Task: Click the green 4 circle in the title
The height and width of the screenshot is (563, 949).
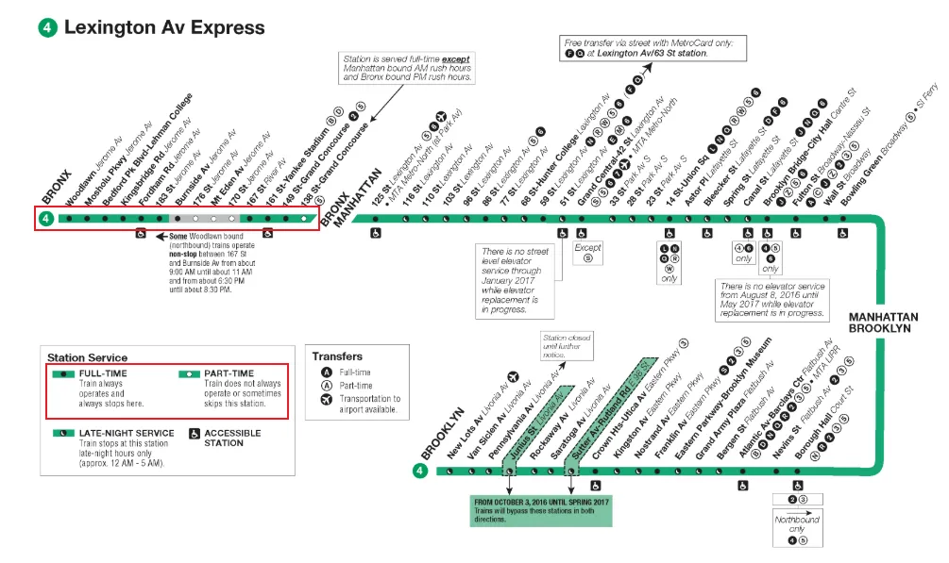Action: (x=47, y=27)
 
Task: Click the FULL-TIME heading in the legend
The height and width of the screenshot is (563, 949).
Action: (x=102, y=373)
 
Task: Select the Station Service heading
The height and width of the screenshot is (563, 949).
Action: (x=87, y=358)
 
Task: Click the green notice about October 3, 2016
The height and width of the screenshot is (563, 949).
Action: (x=541, y=509)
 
